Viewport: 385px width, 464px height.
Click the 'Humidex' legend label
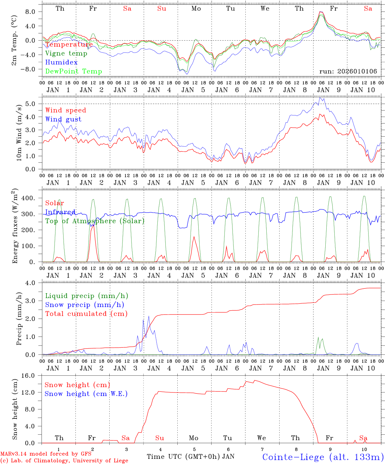[61, 63]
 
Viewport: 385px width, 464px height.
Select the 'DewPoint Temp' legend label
[74, 72]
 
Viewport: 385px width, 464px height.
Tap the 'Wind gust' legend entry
[63, 119]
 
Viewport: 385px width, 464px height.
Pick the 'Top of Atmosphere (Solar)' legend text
[95, 221]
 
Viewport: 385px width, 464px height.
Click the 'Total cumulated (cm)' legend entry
[86, 314]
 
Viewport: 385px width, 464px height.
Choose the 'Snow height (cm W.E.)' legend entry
[86, 394]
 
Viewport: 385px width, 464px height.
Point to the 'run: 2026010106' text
[348, 72]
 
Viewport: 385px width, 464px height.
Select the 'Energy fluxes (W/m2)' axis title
[15, 227]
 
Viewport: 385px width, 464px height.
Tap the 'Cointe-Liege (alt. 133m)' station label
[323, 457]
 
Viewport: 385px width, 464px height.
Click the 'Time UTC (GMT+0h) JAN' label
[190, 457]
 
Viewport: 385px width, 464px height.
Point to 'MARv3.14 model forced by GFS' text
[46, 454]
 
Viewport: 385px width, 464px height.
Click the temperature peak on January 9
[320, 12]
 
